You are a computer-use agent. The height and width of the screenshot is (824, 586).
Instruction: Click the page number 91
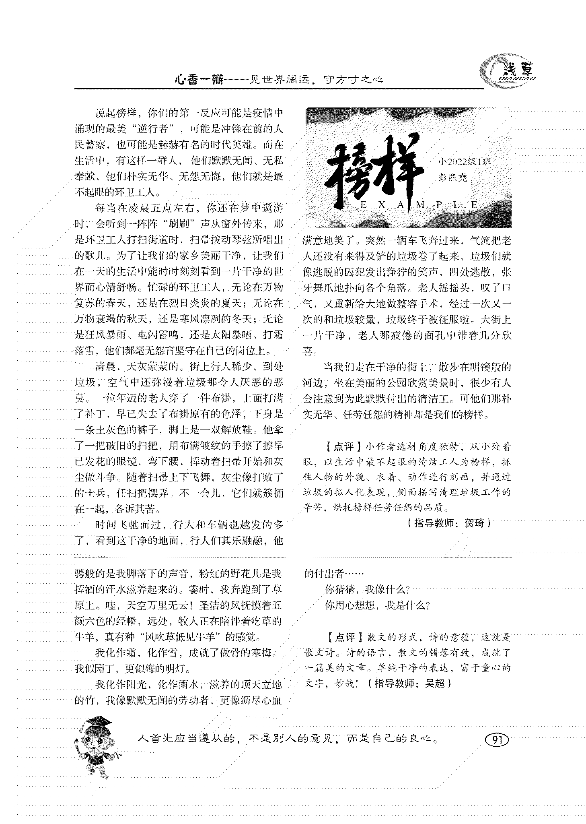coord(497,739)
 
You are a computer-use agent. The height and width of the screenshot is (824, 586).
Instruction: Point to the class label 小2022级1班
coord(465,162)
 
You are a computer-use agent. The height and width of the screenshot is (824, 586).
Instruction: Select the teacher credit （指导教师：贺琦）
coord(448,523)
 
